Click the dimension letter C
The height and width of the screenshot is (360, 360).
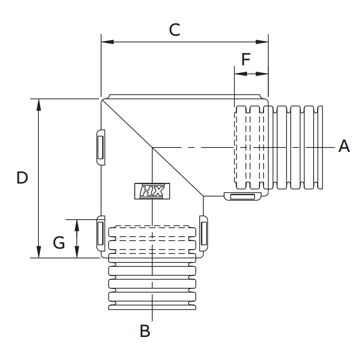click(x=174, y=30)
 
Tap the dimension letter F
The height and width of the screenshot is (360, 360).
click(x=246, y=60)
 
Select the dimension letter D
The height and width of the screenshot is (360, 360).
click(x=22, y=178)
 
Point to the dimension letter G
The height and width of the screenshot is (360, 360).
click(x=59, y=242)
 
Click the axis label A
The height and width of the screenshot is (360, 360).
click(x=344, y=146)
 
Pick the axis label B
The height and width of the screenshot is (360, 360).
click(x=145, y=331)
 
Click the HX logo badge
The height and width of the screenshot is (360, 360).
click(x=152, y=191)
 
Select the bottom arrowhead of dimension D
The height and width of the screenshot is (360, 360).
click(x=38, y=252)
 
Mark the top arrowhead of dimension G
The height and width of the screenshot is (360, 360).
click(x=77, y=224)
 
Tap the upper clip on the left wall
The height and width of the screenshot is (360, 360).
click(x=101, y=147)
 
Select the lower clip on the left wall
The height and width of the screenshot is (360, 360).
click(x=101, y=234)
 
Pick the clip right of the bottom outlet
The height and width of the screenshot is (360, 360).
click(x=203, y=234)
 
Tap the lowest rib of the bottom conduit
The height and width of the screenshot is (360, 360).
click(x=152, y=306)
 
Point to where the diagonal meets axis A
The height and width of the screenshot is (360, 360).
click(x=153, y=147)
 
